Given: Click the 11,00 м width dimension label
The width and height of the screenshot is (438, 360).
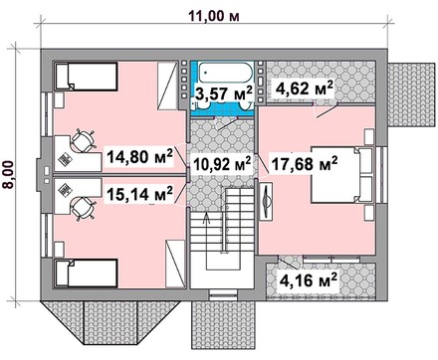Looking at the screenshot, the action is tap(214, 16).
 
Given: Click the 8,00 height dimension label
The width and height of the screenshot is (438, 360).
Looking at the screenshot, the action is tap(9, 175).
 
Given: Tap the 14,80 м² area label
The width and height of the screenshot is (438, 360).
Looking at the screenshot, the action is tap(139, 156).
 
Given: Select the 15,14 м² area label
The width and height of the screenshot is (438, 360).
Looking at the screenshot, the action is tap(139, 194).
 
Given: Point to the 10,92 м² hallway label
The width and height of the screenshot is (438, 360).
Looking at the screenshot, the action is tap(222, 164).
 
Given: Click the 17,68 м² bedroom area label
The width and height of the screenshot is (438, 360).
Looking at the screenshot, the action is tap(305, 163).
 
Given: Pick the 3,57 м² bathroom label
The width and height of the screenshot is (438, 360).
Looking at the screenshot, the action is tap(224, 93).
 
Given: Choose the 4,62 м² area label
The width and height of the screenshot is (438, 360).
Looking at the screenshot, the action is tap(304, 89).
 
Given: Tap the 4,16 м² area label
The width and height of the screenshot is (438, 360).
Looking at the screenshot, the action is tap(309, 280).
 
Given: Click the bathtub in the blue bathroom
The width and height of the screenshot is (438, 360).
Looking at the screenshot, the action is tap(226, 73).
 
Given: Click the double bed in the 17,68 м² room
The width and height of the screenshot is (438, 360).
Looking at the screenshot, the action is tap(341, 175).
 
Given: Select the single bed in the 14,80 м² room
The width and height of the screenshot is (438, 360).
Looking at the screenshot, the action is tap(87, 77).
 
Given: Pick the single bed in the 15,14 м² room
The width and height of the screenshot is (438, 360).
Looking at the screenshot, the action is tap(87, 273).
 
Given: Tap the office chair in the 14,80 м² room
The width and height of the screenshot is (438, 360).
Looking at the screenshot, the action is tap(83, 141).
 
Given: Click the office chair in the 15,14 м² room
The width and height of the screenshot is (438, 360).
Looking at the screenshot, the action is tap(83, 209).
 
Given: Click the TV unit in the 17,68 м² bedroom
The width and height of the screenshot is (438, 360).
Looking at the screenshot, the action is tap(266, 201).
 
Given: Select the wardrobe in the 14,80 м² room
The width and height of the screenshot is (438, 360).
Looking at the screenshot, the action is tap(167, 87).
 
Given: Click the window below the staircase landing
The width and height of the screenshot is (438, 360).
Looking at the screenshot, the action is tap(223, 293).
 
